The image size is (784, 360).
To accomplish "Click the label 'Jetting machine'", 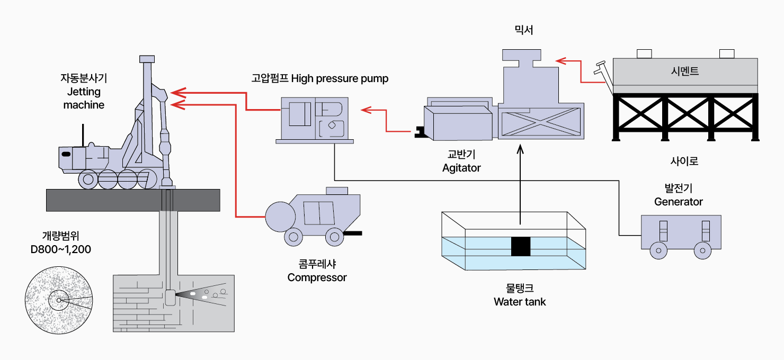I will (x=84, y=98).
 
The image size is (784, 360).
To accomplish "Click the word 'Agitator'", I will (x=461, y=168).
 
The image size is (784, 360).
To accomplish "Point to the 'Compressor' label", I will (x=317, y=277).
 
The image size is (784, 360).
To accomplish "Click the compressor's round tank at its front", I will (x=280, y=216).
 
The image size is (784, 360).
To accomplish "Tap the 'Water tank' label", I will (x=520, y=302).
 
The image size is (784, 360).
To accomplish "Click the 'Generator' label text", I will (x=678, y=202).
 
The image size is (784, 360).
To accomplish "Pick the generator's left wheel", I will (x=658, y=251).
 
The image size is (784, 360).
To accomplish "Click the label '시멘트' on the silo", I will (x=684, y=71).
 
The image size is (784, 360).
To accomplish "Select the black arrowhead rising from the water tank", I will (x=520, y=150).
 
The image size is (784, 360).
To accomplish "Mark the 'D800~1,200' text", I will (x=61, y=249).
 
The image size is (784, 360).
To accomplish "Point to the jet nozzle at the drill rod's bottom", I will (x=171, y=298).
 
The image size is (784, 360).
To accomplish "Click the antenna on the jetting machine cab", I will (x=83, y=136).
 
